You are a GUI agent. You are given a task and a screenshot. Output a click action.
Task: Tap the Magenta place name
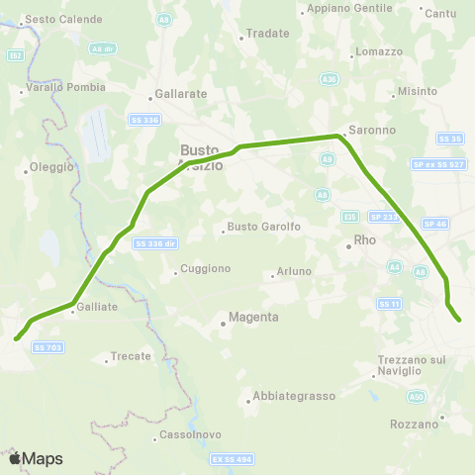click(x=252, y=317)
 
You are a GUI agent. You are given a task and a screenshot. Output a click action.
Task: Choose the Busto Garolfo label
click(x=263, y=227)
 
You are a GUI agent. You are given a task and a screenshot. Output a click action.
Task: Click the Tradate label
click(x=267, y=34)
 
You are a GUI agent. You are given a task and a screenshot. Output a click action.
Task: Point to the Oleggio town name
click(x=52, y=167)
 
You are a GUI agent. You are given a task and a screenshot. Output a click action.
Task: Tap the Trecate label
click(x=131, y=356)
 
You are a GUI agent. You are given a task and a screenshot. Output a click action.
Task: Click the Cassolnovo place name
click(x=183, y=436)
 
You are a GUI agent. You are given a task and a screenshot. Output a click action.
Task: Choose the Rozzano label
click(x=414, y=424)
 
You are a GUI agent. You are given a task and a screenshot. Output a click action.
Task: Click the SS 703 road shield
click(x=47, y=347)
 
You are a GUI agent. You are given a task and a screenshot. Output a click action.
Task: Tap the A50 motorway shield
click(x=417, y=396)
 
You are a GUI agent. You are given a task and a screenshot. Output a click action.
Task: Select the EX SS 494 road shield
click(x=232, y=459)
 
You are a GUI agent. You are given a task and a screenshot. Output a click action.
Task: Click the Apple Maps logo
click(x=36, y=458)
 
